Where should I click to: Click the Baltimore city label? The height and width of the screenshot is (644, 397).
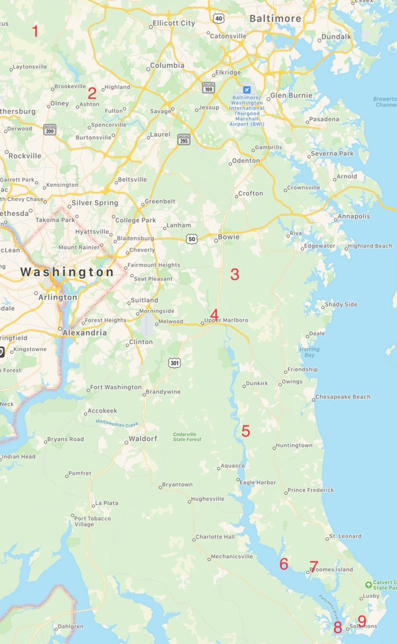(276, 19)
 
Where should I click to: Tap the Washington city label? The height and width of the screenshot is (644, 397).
(67, 272)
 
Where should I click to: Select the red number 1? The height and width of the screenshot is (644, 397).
(35, 31)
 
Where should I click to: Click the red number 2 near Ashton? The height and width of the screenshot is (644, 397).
(92, 93)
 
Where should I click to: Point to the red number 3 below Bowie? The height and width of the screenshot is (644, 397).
(235, 275)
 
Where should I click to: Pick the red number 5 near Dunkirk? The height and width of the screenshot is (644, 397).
(245, 431)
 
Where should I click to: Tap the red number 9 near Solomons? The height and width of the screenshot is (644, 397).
(361, 621)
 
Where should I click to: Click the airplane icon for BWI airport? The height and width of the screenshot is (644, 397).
(246, 90)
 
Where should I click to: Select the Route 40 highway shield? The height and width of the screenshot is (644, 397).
(218, 18)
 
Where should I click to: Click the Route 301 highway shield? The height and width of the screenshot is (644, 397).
(174, 362)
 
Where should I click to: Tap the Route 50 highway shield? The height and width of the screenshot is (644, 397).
(191, 239)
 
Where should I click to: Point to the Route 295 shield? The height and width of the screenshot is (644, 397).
(184, 139)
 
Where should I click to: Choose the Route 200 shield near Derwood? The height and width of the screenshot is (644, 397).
(49, 129)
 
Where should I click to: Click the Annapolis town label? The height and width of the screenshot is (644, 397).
(354, 216)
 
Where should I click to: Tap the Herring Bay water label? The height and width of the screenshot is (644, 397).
(309, 352)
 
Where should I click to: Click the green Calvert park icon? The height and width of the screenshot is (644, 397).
(369, 585)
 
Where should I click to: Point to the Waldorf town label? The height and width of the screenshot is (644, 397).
(143, 439)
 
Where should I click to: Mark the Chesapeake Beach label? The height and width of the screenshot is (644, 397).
(343, 397)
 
